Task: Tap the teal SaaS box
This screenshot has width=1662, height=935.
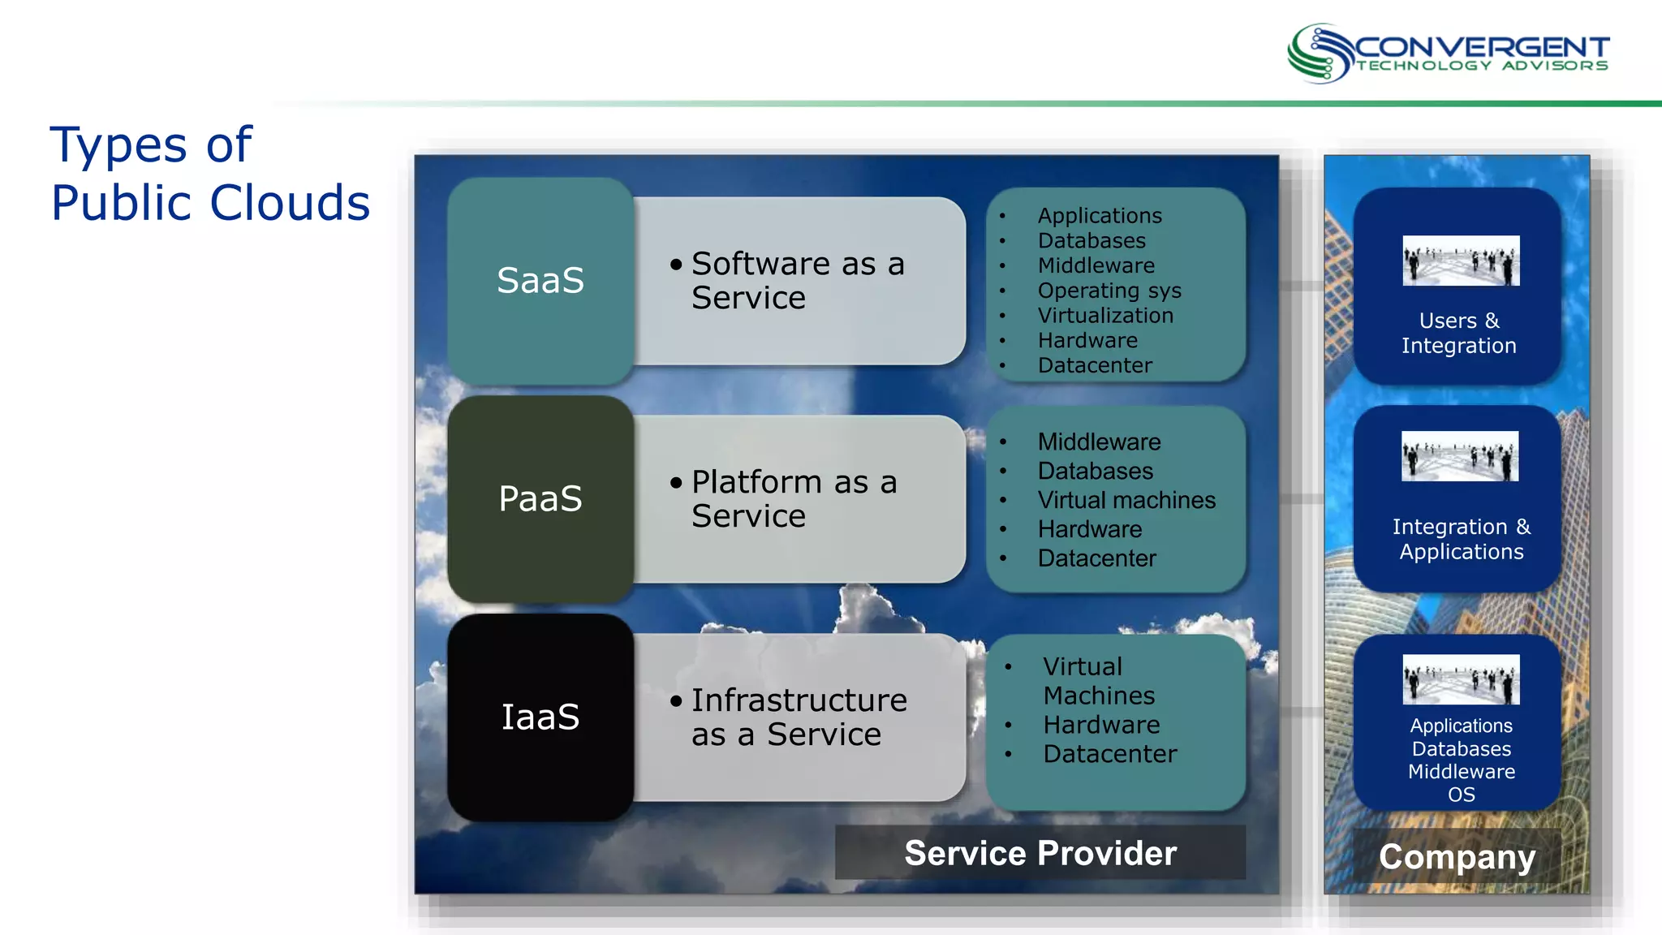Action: point(540,281)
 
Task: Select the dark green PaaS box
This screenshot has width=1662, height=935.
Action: point(540,498)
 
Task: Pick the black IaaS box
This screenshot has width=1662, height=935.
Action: point(540,717)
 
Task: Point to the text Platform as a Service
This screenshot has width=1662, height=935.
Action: point(793,498)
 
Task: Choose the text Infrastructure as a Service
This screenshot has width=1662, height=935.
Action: point(798,717)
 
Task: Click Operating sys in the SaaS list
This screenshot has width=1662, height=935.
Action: point(1109,291)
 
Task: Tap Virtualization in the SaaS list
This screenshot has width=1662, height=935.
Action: point(1104,316)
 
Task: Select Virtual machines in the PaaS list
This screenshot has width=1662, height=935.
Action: point(1126,500)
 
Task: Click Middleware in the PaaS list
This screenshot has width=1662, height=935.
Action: point(1099,442)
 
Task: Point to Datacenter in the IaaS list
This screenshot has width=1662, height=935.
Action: point(1109,754)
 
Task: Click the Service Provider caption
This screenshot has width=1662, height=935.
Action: point(1040,853)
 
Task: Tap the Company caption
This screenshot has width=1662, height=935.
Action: point(1457,857)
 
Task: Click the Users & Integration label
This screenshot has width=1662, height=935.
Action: point(1458,334)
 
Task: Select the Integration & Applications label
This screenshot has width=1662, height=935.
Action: point(1461,539)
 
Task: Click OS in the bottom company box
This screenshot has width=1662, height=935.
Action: point(1461,795)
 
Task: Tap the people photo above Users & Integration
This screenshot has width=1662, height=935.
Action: point(1460,261)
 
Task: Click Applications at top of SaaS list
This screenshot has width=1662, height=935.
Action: point(1099,216)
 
